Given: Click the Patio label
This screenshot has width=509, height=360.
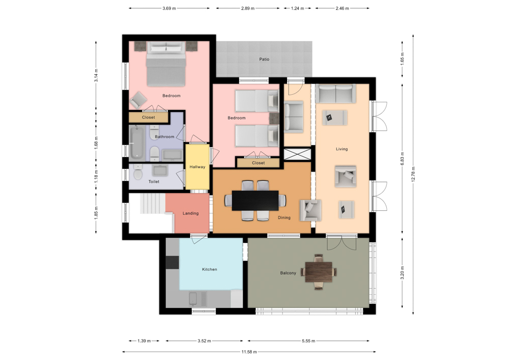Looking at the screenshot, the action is pyautogui.click(x=264, y=60).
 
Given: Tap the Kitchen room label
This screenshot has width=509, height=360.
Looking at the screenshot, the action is pyautogui.click(x=209, y=269).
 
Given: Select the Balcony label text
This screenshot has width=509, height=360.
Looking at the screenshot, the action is pyautogui.click(x=288, y=273).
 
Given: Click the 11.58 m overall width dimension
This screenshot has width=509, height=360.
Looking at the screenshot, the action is pyautogui.click(x=249, y=352).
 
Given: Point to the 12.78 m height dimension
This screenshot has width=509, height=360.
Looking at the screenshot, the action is pyautogui.click(x=413, y=174).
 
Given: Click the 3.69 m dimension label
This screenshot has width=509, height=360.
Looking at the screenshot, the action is pyautogui.click(x=169, y=9).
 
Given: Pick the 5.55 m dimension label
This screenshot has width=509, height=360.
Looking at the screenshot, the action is pyautogui.click(x=308, y=341).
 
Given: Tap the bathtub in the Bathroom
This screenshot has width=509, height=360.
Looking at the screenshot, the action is pyautogui.click(x=136, y=143).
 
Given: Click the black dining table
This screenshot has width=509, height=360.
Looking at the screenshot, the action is pyautogui.click(x=255, y=201).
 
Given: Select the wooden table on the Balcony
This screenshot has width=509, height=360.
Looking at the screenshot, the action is pyautogui.click(x=319, y=272).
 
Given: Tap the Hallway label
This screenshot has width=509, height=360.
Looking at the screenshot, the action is pyautogui.click(x=197, y=167).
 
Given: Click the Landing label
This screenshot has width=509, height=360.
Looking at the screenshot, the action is pyautogui.click(x=190, y=213).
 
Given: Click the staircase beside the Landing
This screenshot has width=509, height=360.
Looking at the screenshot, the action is pyautogui.click(x=153, y=203).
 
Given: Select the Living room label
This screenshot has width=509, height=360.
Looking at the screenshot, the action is pyautogui.click(x=342, y=149).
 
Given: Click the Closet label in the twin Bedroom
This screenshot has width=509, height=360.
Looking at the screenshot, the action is pyautogui.click(x=259, y=163).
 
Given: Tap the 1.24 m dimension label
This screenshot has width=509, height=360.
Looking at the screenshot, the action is pyautogui.click(x=297, y=9).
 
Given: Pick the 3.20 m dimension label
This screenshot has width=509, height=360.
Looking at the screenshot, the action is pyautogui.click(x=402, y=273).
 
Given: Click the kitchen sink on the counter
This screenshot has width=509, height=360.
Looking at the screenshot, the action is pyautogui.click(x=193, y=299).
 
